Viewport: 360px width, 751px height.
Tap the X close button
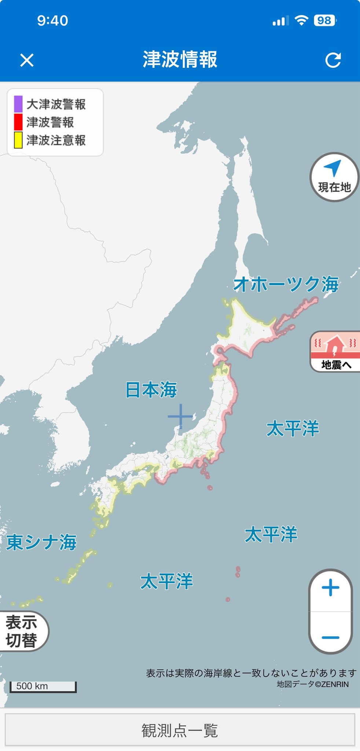coord(27,60)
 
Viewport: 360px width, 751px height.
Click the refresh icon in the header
coord(333,60)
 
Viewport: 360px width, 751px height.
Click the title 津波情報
coord(180,59)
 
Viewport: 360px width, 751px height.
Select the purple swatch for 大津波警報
coord(18,104)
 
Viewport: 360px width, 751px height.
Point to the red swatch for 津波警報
coord(18,122)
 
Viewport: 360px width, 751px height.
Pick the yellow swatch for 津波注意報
coord(18,140)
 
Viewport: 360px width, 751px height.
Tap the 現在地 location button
coord(334,177)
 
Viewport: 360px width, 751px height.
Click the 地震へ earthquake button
coord(335,352)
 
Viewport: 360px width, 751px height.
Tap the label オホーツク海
coord(286,284)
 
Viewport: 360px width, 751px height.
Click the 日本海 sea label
coord(151,389)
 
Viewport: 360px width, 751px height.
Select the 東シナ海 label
coord(41,542)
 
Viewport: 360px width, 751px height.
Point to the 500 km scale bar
coord(43,686)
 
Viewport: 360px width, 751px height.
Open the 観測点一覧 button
coord(180,730)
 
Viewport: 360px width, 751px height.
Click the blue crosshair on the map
coord(180,416)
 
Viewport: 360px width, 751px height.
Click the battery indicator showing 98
coord(325,21)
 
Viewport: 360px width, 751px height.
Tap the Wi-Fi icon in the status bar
coord(301,21)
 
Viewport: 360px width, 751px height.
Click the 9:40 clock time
coord(52,21)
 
